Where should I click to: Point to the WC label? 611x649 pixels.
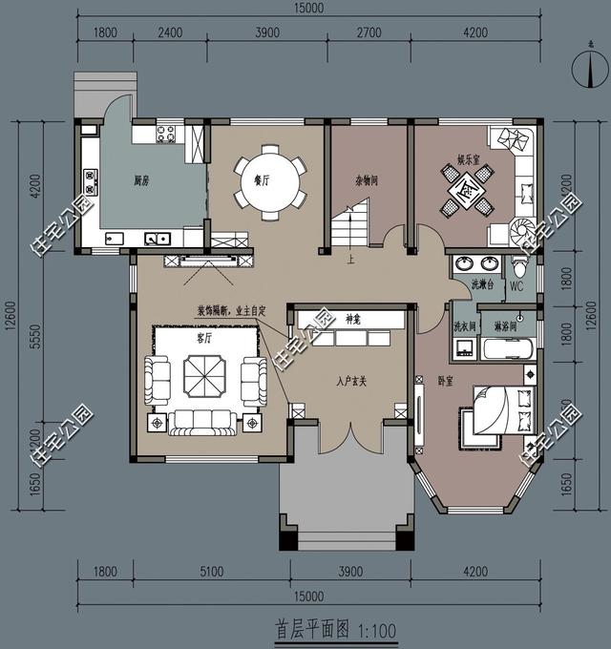tap(516, 285)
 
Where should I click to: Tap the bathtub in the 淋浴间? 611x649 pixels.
tap(505, 348)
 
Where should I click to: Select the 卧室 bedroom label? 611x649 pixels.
tap(445, 380)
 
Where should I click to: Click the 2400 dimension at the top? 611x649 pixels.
tap(169, 32)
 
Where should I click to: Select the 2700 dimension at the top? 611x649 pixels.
tap(368, 32)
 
